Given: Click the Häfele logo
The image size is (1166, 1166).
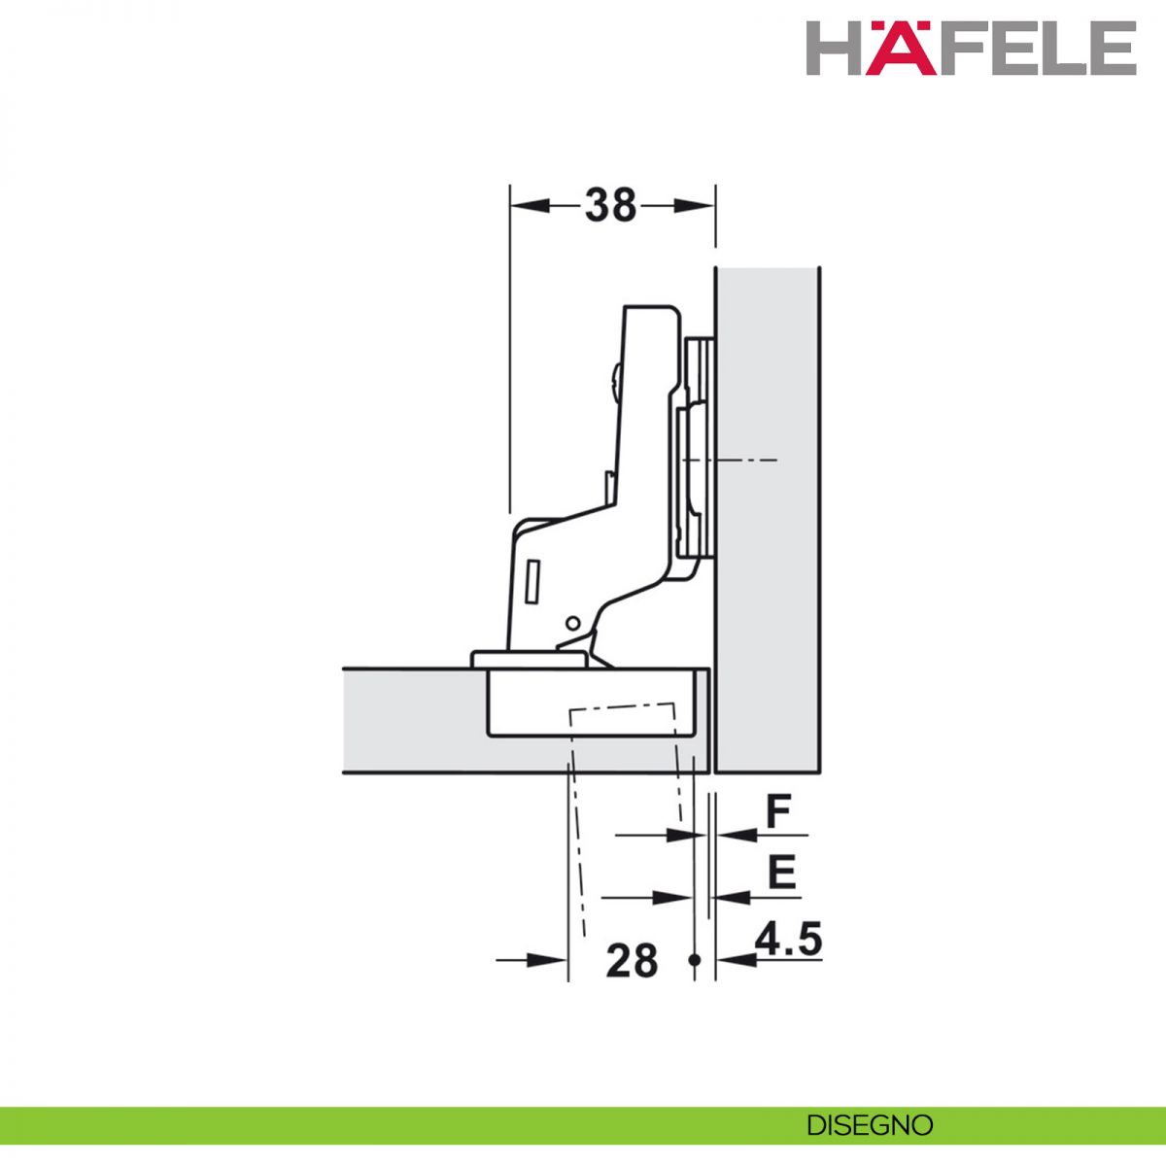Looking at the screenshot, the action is [971, 48].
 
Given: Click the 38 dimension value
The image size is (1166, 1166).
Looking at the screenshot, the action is [610, 206].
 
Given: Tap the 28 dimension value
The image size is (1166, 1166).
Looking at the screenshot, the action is [632, 960].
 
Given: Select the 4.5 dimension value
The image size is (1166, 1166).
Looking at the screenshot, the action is [788, 940].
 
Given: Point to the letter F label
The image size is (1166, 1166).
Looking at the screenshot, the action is [778, 812].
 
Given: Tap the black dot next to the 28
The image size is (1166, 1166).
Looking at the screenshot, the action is [695, 960].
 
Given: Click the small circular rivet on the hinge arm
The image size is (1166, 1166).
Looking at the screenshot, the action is [571, 623].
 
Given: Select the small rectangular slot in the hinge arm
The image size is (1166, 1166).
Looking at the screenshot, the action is [532, 581].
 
